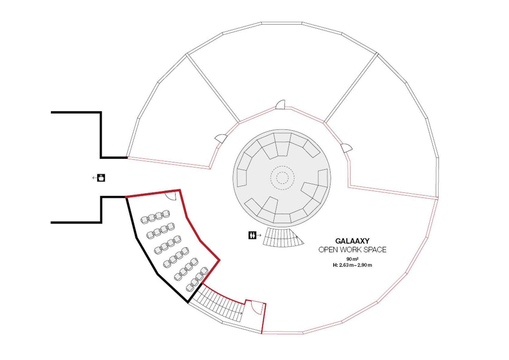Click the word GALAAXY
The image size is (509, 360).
352,241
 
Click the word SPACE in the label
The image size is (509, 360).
375,250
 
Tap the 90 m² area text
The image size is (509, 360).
352,259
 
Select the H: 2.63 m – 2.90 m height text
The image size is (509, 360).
352,265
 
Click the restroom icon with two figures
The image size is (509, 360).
252,235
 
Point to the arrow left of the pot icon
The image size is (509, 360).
95,178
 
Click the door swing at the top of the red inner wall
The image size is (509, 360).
281,105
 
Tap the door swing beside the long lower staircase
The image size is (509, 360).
256,308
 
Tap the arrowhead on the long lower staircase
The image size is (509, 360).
241,313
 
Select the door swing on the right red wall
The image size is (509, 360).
346,148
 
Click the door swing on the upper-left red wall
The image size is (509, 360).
221,139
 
